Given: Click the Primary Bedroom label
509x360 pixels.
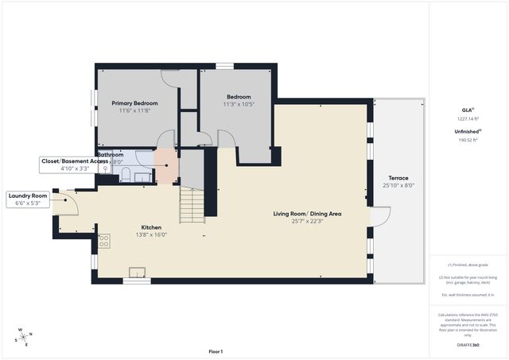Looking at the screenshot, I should [x=134, y=103].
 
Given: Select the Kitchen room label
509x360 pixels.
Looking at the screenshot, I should [x=151, y=226].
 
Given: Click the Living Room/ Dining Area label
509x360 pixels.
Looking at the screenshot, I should [x=307, y=214].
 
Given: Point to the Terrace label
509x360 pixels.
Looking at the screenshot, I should [x=398, y=178].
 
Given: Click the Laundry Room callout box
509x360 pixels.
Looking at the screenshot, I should [x=29, y=199].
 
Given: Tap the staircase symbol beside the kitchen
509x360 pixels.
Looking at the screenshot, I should [x=192, y=205].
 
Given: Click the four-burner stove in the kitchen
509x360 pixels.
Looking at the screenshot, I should [x=104, y=240].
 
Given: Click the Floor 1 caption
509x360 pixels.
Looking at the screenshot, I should [x=216, y=351].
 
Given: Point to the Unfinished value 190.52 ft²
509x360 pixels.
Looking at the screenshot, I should [x=468, y=139].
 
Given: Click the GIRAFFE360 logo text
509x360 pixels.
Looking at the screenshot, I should [x=468, y=346].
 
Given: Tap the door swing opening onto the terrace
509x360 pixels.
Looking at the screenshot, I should [x=381, y=215].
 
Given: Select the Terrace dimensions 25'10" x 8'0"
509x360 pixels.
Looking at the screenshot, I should [x=398, y=185].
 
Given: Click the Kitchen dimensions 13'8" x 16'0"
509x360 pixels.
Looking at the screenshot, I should [x=151, y=234].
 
